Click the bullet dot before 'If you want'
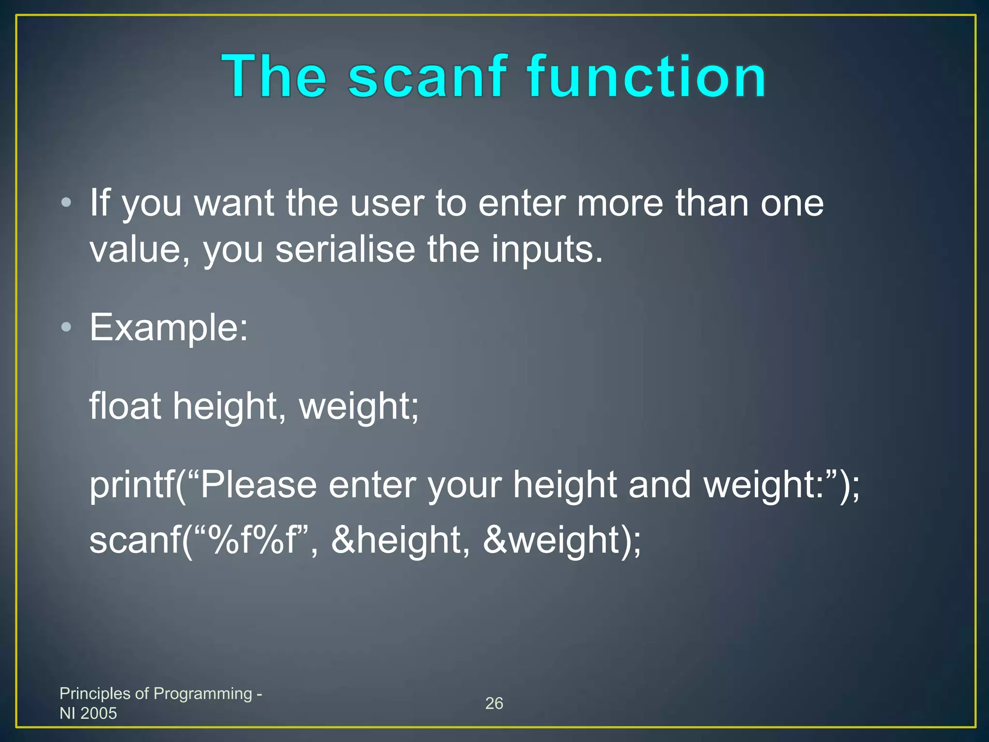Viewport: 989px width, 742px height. (x=67, y=202)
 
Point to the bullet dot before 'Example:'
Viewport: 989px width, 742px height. (x=67, y=328)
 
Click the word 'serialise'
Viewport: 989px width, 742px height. (x=345, y=249)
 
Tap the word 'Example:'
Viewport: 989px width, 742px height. (x=169, y=328)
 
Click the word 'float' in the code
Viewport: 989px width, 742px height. (x=125, y=406)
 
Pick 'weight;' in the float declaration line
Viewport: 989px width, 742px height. (x=359, y=406)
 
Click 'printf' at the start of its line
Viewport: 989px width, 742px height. (x=132, y=485)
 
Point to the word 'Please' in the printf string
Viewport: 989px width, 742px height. (x=258, y=485)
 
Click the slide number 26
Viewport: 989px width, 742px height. (x=494, y=703)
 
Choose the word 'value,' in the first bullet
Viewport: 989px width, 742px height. (x=140, y=249)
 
